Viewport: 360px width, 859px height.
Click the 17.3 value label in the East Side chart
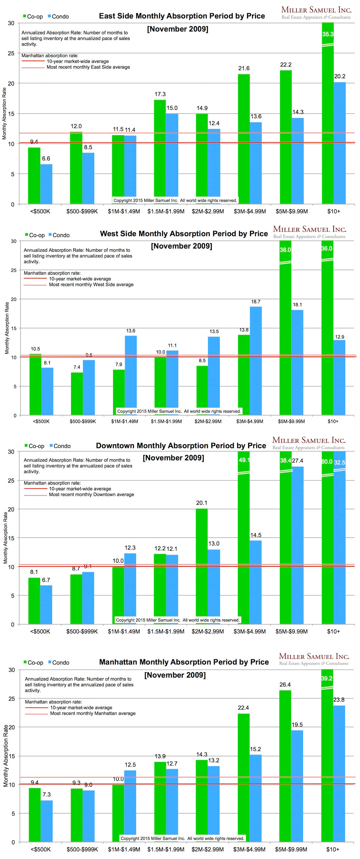[160, 94]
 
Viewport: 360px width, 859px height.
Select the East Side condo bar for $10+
[339, 143]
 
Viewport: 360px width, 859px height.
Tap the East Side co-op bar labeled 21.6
[244, 138]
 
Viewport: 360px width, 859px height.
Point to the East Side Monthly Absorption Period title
[182, 16]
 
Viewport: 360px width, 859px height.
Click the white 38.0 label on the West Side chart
[285, 250]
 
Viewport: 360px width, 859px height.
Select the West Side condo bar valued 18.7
[256, 360]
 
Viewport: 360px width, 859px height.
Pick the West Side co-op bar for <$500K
[35, 384]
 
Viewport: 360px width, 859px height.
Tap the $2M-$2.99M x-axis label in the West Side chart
[208, 421]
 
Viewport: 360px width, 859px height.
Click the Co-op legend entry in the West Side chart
[35, 235]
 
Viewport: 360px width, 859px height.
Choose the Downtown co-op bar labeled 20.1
[202, 566]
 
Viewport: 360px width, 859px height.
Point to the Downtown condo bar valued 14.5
[256, 582]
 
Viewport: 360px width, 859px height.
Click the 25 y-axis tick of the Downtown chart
[11, 480]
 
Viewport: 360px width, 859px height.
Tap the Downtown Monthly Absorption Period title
[181, 445]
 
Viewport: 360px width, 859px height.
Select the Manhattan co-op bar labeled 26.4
[285, 765]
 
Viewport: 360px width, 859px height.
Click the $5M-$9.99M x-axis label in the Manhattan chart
[291, 849]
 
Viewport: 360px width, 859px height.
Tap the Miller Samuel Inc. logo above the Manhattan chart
[313, 659]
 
